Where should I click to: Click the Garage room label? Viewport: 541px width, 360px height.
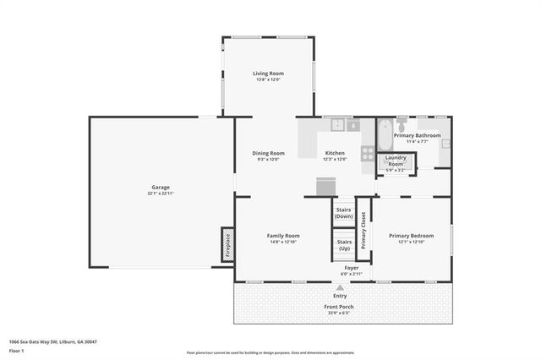click(161, 187)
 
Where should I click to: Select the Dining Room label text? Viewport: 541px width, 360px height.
click(268, 153)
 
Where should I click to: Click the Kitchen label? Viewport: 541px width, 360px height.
click(336, 153)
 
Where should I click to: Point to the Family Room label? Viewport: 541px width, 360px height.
click(283, 235)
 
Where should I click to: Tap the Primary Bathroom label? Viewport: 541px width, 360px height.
click(417, 135)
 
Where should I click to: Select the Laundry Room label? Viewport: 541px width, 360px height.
click(396, 160)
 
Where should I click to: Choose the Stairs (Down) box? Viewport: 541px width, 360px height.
click(343, 213)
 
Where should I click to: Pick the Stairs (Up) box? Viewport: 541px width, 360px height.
click(343, 245)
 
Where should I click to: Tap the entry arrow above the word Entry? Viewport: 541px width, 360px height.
click(340, 288)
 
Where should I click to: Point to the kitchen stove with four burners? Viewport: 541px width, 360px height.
click(368, 154)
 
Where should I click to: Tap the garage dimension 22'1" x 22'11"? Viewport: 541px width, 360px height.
click(161, 194)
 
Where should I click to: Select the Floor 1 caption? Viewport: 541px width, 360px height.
click(16, 350)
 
